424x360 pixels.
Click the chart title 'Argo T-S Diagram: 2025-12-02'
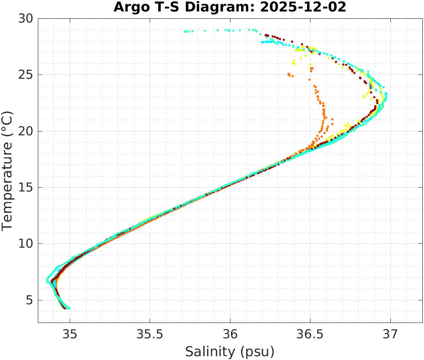[230, 8]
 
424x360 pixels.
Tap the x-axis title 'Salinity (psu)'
[230, 351]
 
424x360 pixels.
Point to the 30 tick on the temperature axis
[28, 19]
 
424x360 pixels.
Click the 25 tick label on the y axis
[28, 75]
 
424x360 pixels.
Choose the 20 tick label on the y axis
[28, 131]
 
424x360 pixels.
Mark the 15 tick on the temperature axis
[28, 188]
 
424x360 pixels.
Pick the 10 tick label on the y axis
[28, 244]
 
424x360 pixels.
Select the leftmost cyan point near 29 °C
[185, 31]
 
